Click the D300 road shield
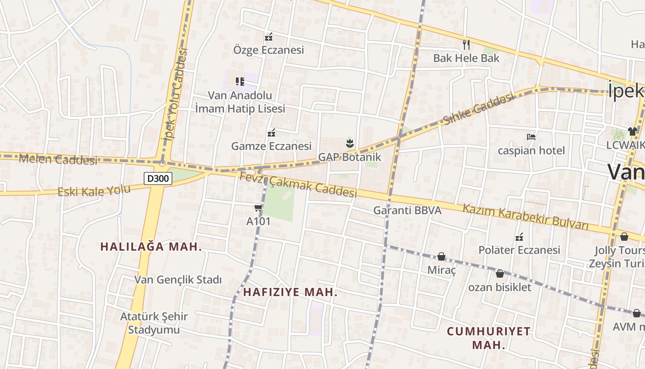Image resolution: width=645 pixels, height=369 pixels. click(x=158, y=179)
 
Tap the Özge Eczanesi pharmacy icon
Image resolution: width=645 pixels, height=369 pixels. click(x=269, y=37)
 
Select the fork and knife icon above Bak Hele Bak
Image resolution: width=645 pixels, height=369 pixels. click(x=466, y=44)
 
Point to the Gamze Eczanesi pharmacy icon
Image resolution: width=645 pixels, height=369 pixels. click(x=271, y=133)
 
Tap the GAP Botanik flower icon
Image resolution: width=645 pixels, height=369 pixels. click(x=350, y=143)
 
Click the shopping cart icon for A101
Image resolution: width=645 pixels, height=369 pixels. click(x=258, y=208)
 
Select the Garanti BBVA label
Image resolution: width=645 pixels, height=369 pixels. click(x=407, y=210)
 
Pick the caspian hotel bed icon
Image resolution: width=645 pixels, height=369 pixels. click(x=531, y=137)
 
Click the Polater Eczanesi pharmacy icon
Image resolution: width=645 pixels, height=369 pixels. click(x=519, y=237)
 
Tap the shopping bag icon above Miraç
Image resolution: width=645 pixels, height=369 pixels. click(x=441, y=256)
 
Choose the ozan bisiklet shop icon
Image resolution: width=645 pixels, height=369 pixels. click(x=500, y=274)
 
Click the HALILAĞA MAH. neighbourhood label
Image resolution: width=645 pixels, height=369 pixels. click(x=151, y=246)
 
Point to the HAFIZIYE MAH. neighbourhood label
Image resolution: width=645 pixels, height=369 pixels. click(x=290, y=292)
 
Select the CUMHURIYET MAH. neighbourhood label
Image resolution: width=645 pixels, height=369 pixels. click(x=488, y=338)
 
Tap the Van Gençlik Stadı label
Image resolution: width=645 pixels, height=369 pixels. click(x=178, y=280)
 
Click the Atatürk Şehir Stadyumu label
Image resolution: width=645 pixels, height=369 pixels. click(x=154, y=323)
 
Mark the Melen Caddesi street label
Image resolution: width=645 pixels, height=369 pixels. click(x=58, y=160)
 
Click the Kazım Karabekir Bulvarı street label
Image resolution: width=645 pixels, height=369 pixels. click(x=526, y=216)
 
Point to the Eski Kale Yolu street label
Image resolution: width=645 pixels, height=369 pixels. click(x=88, y=190)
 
